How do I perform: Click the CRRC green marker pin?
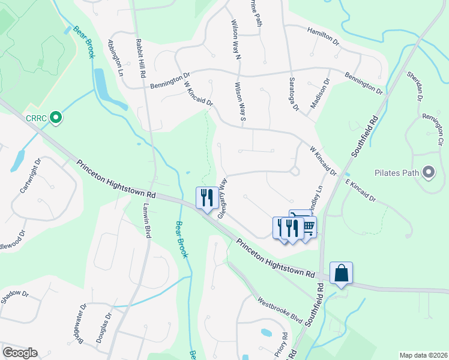tap(56, 118)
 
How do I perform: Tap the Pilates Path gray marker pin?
tap(428, 173)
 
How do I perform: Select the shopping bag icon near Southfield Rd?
tap(341, 273)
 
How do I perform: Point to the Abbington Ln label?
tap(115, 58)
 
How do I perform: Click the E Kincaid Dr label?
tap(360, 189)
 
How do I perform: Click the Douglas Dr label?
tap(103, 328)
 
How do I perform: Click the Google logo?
tap(20, 352)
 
